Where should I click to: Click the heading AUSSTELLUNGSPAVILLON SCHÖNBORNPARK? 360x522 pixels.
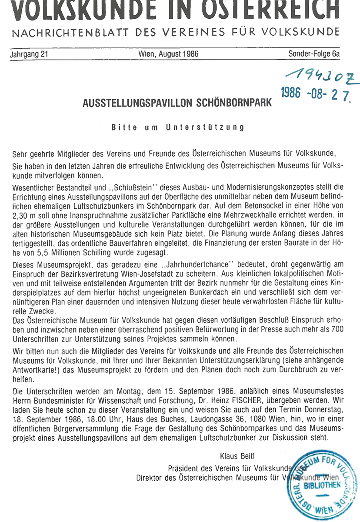(x=177, y=104)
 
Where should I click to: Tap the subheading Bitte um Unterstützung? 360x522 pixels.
(x=177, y=127)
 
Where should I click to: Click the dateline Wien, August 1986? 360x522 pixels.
(x=168, y=54)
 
